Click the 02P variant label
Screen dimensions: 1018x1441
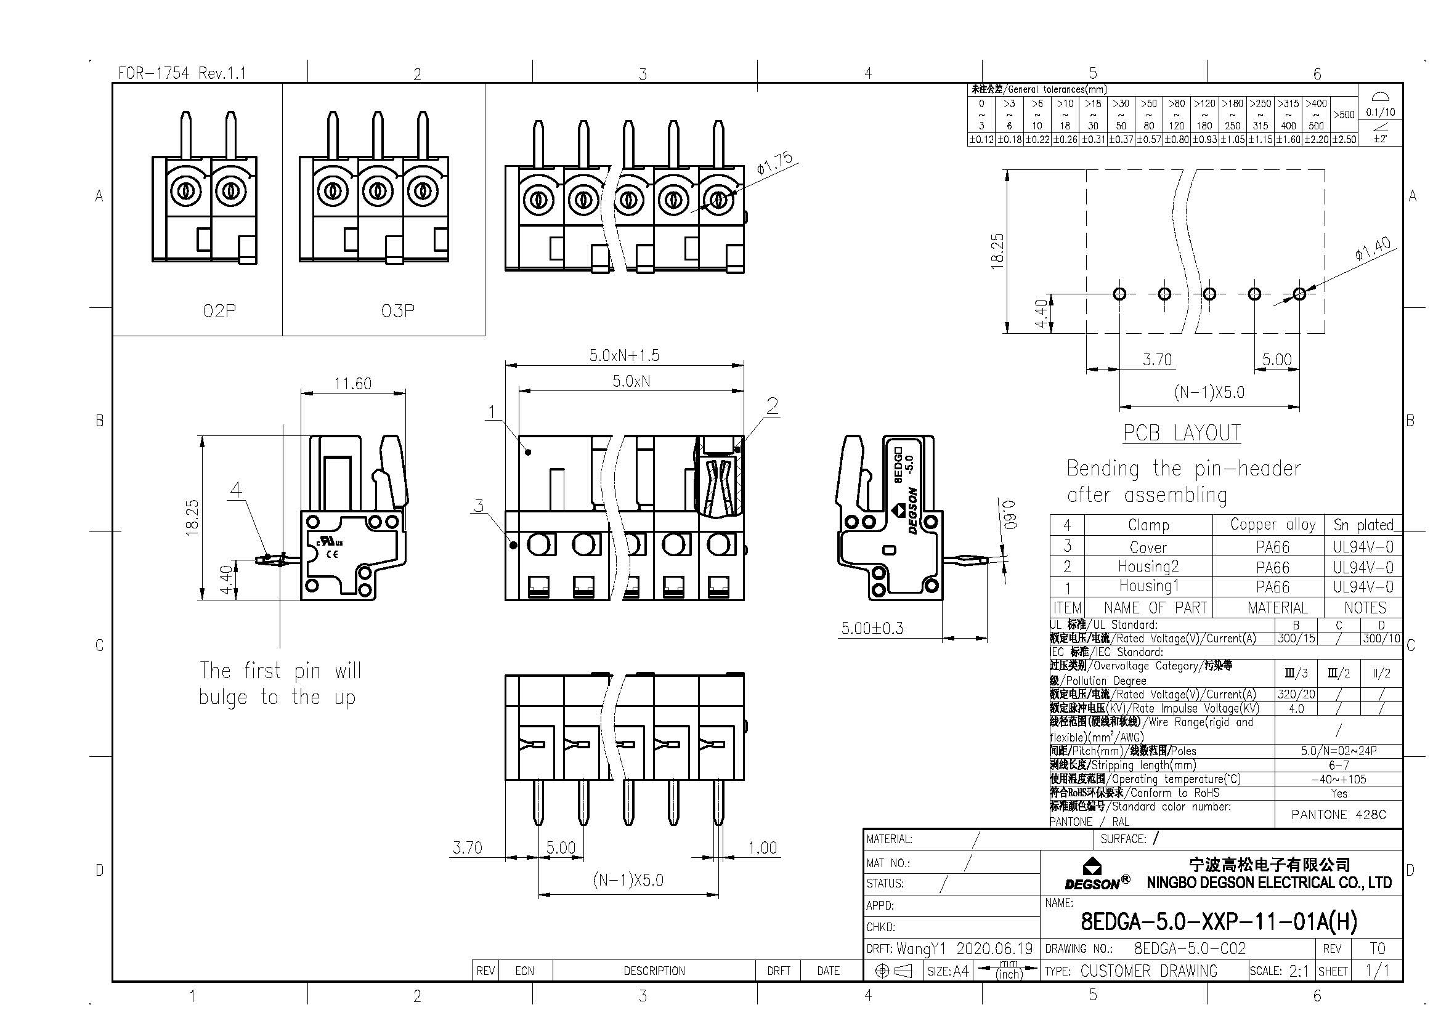[219, 310]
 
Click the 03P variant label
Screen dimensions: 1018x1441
[397, 310]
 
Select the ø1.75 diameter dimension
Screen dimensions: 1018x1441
[774, 163]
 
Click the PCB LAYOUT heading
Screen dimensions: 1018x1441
[1181, 434]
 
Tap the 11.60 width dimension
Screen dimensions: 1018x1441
[353, 383]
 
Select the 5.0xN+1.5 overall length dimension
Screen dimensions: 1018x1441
[624, 355]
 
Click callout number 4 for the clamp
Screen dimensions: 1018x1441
[236, 489]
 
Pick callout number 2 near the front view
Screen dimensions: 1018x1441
[772, 406]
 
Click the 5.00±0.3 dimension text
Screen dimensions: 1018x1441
[872, 628]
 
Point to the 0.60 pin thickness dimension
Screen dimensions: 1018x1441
[1009, 514]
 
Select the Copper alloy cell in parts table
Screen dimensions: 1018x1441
[1272, 524]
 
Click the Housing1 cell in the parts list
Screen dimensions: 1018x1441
[1148, 586]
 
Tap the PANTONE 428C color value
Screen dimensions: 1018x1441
[1338, 814]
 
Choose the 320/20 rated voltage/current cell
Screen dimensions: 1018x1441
[1296, 694]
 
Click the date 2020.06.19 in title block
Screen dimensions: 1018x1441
[994, 948]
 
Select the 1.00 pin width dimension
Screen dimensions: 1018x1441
[763, 848]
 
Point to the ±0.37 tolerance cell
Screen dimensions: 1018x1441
[1121, 139]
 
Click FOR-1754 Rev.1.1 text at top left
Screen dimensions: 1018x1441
[182, 73]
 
